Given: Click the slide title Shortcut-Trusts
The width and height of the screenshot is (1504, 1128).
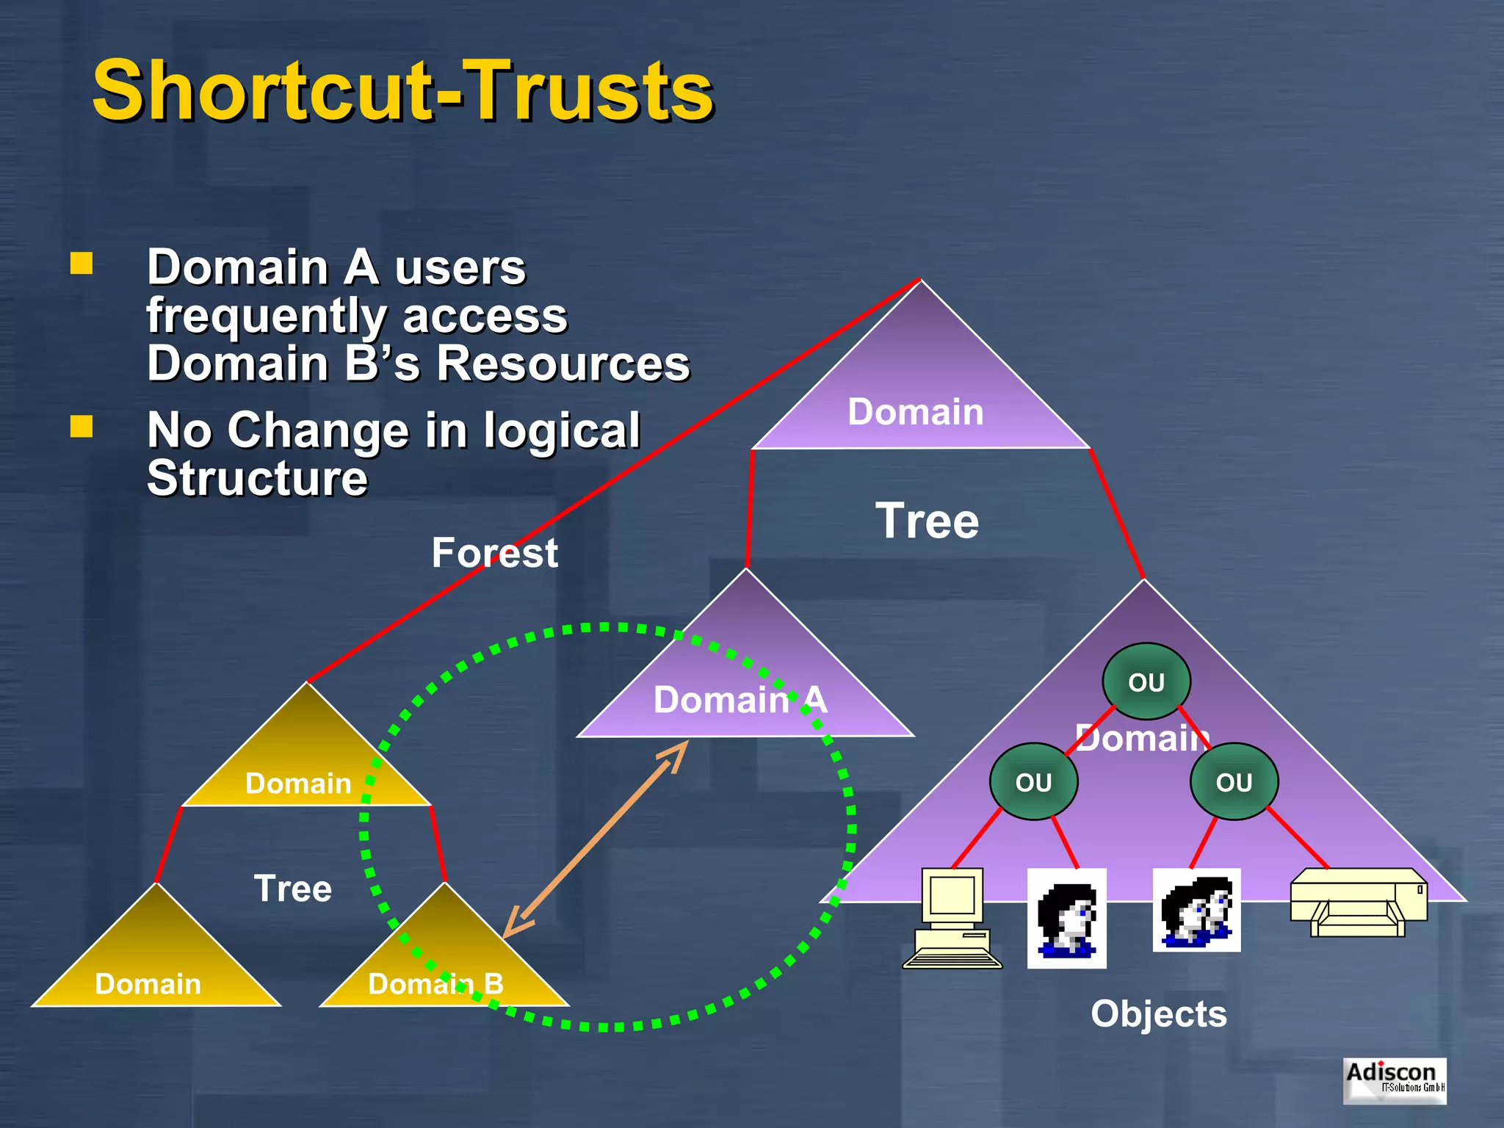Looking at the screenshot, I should point(402,91).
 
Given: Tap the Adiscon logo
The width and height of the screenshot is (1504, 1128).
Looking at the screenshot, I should point(1394,1080).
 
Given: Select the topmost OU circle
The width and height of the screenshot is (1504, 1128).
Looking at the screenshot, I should point(1146,682).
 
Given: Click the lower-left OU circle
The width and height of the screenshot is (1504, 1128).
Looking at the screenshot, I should point(1033,782).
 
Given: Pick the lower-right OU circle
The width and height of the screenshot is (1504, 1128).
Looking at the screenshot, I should point(1234,782).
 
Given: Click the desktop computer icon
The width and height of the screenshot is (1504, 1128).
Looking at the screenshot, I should point(952,918).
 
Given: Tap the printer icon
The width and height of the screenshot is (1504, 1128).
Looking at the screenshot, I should point(1359,903).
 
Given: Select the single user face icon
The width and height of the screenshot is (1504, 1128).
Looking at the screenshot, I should point(1066,918).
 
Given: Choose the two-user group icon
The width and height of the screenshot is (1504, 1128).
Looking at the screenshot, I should point(1196,911).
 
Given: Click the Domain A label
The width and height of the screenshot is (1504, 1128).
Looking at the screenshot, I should point(740,699).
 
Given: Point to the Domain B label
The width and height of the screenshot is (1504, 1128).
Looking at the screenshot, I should point(435,984).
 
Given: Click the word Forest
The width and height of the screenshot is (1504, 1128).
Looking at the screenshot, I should point(494,553).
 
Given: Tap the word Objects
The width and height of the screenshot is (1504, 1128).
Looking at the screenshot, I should point(1158,1014).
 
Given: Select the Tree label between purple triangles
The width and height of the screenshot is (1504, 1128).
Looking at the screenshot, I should point(927,521).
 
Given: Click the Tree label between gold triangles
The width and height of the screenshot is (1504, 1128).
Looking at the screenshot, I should point(292,889).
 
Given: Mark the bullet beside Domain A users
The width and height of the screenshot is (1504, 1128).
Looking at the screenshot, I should point(82,264).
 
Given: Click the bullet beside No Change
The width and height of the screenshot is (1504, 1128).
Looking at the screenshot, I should point(82,427).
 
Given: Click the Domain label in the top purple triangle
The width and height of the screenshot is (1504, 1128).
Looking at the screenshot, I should point(915,411).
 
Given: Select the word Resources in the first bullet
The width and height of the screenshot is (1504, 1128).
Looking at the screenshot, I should point(563,364).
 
